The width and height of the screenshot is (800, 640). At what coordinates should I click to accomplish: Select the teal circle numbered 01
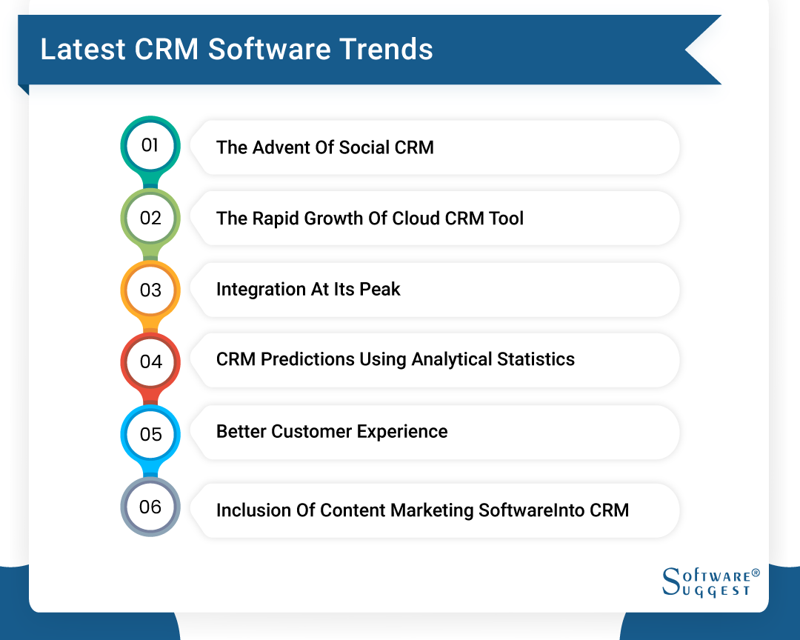click(x=150, y=145)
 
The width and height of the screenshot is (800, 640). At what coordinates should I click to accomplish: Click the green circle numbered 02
click(x=150, y=218)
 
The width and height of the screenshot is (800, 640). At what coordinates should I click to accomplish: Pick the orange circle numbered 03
click(x=150, y=290)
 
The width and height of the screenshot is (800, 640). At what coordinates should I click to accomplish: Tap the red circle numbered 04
click(x=150, y=361)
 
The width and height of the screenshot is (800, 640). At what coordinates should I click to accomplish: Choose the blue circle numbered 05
click(x=150, y=434)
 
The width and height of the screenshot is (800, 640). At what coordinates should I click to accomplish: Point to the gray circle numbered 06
click(x=150, y=507)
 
